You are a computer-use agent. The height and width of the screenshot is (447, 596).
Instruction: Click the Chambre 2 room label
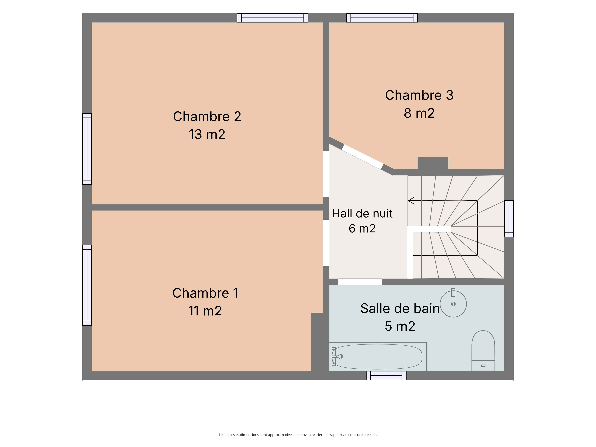(x=207, y=117)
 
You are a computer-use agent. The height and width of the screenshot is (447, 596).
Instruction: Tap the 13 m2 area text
(x=207, y=134)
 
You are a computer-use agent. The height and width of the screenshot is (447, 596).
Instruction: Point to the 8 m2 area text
(x=419, y=113)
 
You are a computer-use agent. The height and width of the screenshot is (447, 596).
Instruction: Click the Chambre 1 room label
(x=205, y=293)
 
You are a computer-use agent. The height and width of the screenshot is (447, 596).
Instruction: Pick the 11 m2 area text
(x=205, y=311)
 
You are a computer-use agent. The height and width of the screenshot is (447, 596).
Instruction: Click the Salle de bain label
(x=400, y=309)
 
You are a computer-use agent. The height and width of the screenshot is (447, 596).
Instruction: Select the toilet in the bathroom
(x=483, y=351)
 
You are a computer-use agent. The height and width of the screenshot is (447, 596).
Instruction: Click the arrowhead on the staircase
(x=411, y=201)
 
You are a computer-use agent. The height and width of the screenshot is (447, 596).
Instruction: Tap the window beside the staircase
(x=509, y=219)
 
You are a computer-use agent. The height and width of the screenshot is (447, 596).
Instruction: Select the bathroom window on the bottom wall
(x=386, y=376)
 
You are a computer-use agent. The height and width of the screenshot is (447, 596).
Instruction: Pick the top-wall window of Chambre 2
(x=272, y=18)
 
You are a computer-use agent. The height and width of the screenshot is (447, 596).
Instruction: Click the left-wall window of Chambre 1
(x=87, y=285)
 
